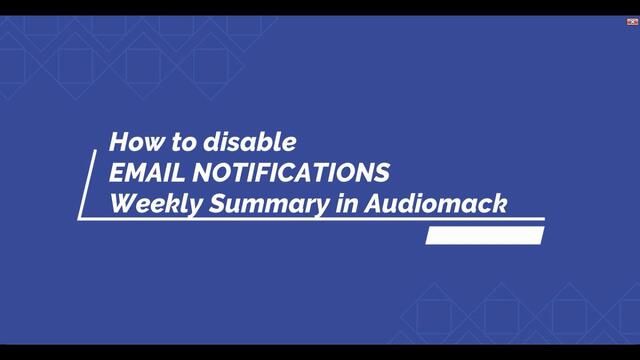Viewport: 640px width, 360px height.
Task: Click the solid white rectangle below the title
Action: pyautogui.click(x=484, y=236)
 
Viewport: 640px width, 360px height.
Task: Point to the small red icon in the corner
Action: pyautogui.click(x=632, y=20)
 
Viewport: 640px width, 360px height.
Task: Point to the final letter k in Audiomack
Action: pyautogui.click(x=502, y=202)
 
